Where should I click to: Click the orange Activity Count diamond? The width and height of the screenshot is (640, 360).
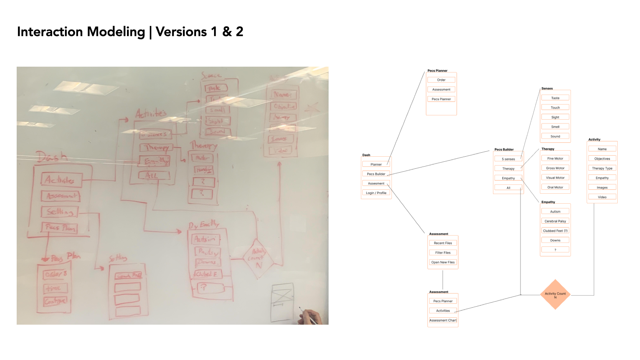555,295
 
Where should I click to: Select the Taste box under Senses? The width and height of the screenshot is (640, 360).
555,98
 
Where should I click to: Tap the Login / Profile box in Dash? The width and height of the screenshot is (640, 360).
376,193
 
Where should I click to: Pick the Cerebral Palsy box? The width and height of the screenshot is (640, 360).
555,221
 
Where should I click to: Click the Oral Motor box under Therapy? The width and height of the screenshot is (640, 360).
555,187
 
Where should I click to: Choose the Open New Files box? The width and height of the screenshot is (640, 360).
443,262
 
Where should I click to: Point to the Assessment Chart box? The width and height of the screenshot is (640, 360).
443,320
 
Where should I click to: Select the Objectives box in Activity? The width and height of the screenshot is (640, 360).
602,159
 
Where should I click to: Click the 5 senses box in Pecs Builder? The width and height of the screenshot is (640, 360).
508,159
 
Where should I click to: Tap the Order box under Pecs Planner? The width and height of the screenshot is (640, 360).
441,80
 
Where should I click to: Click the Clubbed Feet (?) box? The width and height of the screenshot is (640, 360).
555,231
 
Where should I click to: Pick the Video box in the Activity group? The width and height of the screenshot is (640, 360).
602,197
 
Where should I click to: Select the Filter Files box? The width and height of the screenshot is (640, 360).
443,253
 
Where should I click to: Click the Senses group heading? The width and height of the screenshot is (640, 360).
547,89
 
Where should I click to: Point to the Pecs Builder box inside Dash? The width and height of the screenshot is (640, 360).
376,174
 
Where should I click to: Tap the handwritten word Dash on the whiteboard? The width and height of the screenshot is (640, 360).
52,157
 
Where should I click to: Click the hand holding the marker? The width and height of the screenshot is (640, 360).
312,317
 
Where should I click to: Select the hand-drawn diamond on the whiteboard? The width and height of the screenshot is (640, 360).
258,258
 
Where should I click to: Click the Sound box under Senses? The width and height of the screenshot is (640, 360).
555,136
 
